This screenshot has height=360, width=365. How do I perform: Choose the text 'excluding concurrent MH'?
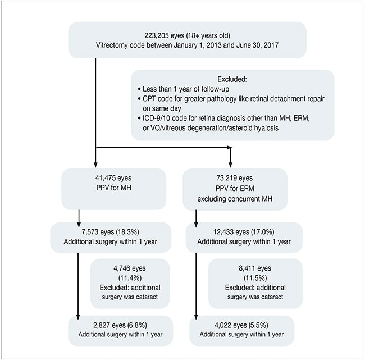[x=235, y=199]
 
